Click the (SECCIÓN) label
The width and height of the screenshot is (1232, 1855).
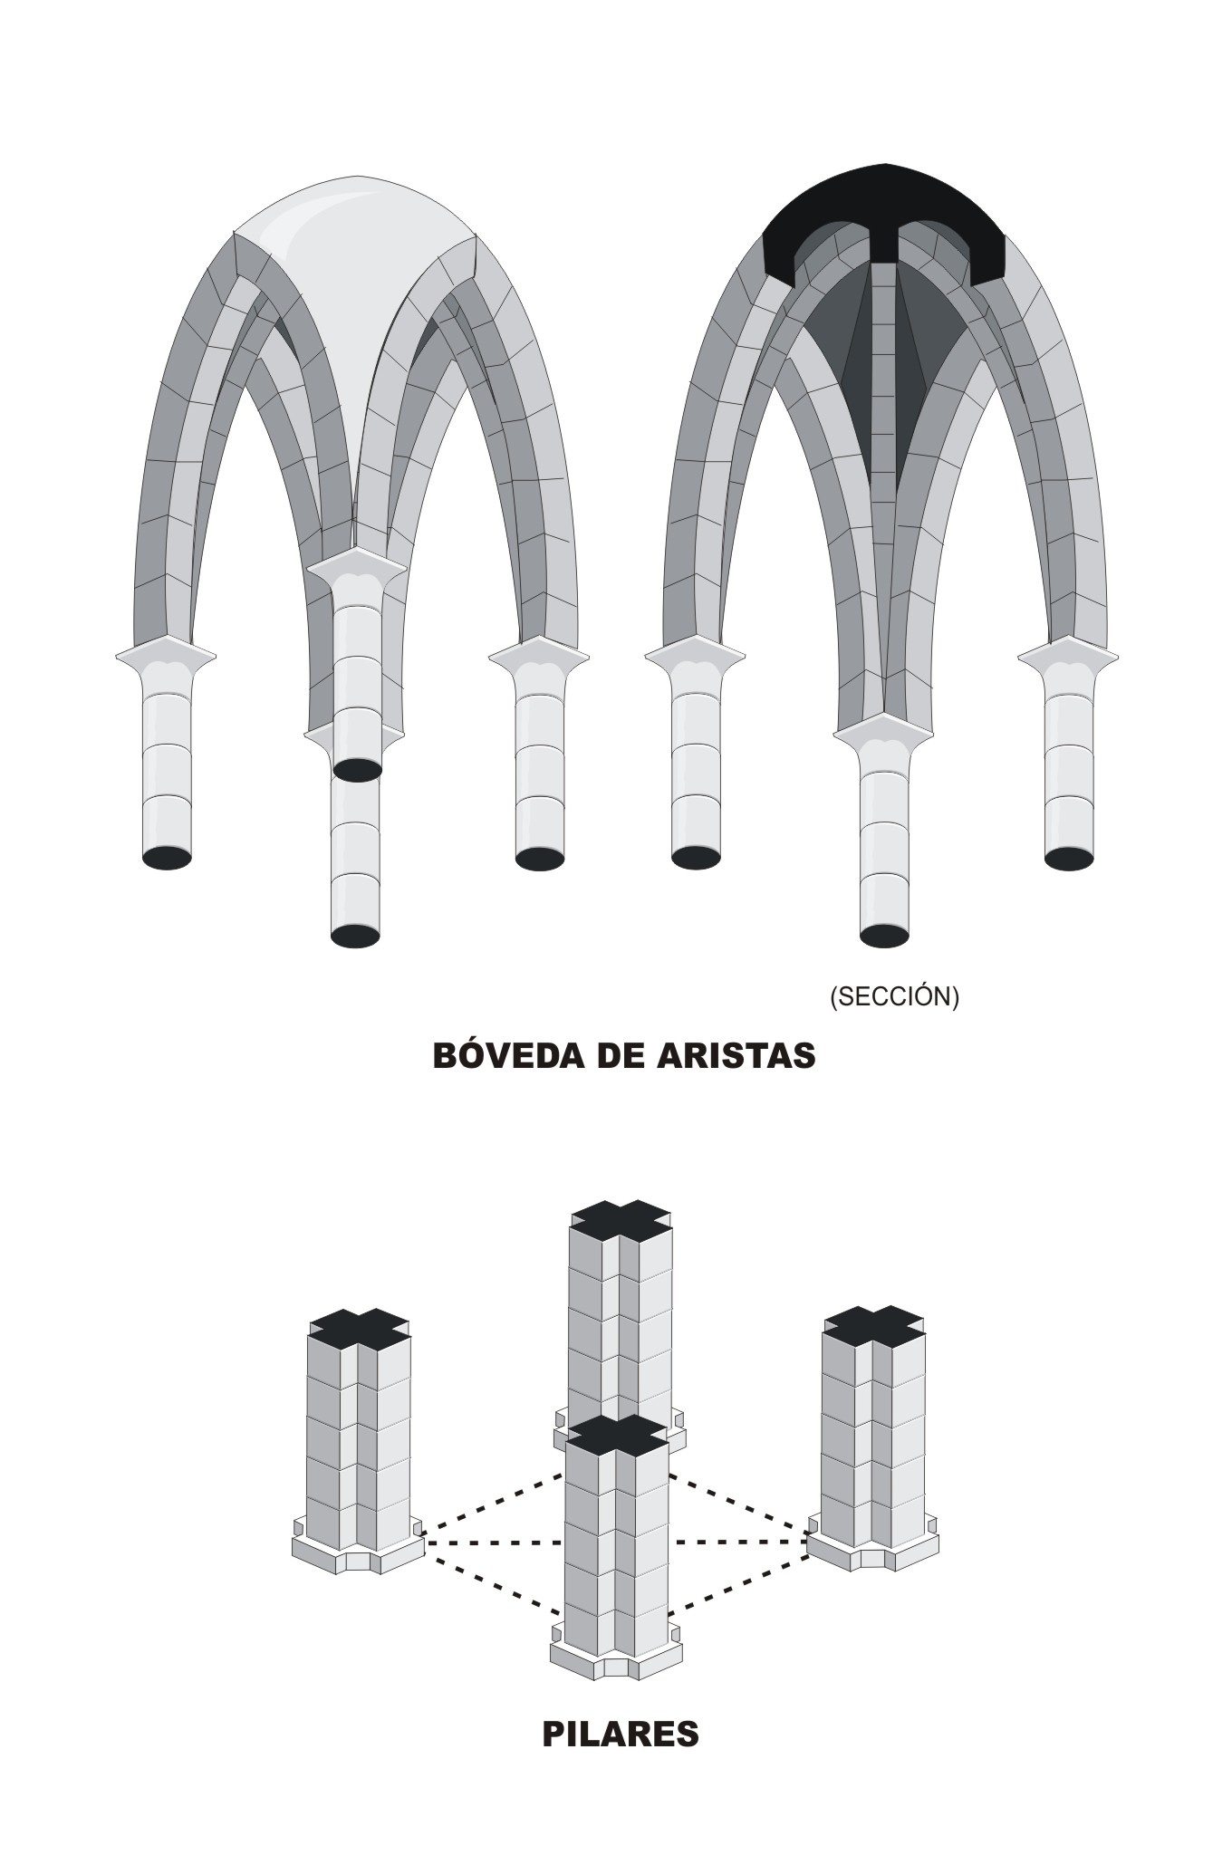(894, 996)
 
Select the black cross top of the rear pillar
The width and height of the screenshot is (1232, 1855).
(621, 1221)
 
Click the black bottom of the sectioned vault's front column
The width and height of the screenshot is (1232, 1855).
(884, 935)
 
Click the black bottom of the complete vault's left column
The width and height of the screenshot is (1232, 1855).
(168, 857)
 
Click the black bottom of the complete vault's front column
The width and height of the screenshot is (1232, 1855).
(355, 936)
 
